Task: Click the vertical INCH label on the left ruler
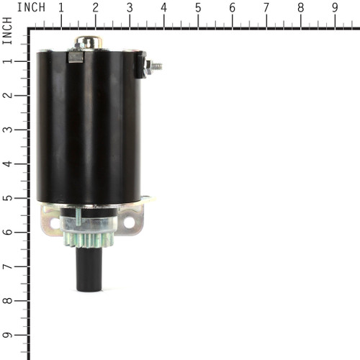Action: (x=7, y=33)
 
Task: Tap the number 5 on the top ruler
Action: (x=198, y=7)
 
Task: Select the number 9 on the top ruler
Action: (x=335, y=7)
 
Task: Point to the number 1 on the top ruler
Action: (x=60, y=7)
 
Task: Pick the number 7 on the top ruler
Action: (x=266, y=7)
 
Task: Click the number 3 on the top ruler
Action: (x=130, y=7)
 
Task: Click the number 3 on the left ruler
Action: (x=7, y=130)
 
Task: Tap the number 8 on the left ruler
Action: (x=7, y=301)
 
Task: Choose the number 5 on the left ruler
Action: (x=7, y=198)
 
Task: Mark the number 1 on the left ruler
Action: (x=7, y=61)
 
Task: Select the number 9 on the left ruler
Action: (x=7, y=335)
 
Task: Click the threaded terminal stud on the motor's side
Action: (x=153, y=66)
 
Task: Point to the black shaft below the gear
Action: (x=89, y=270)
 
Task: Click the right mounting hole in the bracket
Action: (x=130, y=222)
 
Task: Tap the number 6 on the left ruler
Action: (x=7, y=232)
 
